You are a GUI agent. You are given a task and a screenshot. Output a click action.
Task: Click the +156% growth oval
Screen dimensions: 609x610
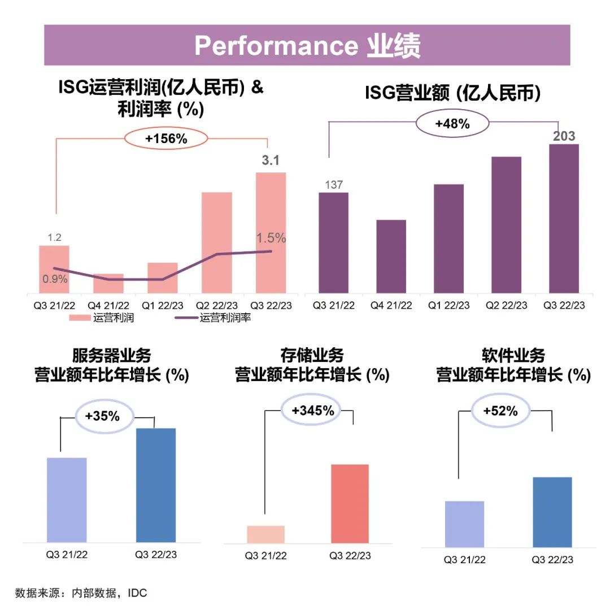166,139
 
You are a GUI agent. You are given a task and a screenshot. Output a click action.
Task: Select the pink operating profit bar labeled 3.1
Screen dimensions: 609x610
271,233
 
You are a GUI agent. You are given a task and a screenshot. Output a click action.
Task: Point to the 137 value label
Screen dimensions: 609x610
334,185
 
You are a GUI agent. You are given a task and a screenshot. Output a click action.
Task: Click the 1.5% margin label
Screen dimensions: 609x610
271,238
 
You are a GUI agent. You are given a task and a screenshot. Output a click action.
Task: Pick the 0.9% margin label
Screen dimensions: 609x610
55,278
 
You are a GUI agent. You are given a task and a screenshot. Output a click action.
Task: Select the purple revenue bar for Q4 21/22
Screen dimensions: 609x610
391,257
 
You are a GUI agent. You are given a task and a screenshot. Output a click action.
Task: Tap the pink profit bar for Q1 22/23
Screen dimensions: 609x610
163,278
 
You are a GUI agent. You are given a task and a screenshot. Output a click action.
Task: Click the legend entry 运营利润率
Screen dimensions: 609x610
224,318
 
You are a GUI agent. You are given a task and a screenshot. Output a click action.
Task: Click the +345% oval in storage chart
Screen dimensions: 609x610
312,411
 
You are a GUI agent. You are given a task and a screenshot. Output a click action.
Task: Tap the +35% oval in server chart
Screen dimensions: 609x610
102,416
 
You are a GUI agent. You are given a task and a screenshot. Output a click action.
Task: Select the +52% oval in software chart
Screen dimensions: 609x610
500,411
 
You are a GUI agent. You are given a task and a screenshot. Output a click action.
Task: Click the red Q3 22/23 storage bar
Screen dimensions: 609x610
350,503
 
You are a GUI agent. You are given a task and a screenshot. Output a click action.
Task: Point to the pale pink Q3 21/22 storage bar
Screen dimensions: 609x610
265,534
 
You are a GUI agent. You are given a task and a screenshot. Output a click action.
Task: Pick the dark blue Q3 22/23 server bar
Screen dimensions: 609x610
156,485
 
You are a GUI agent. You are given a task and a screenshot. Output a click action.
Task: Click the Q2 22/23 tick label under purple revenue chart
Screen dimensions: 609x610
506,305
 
